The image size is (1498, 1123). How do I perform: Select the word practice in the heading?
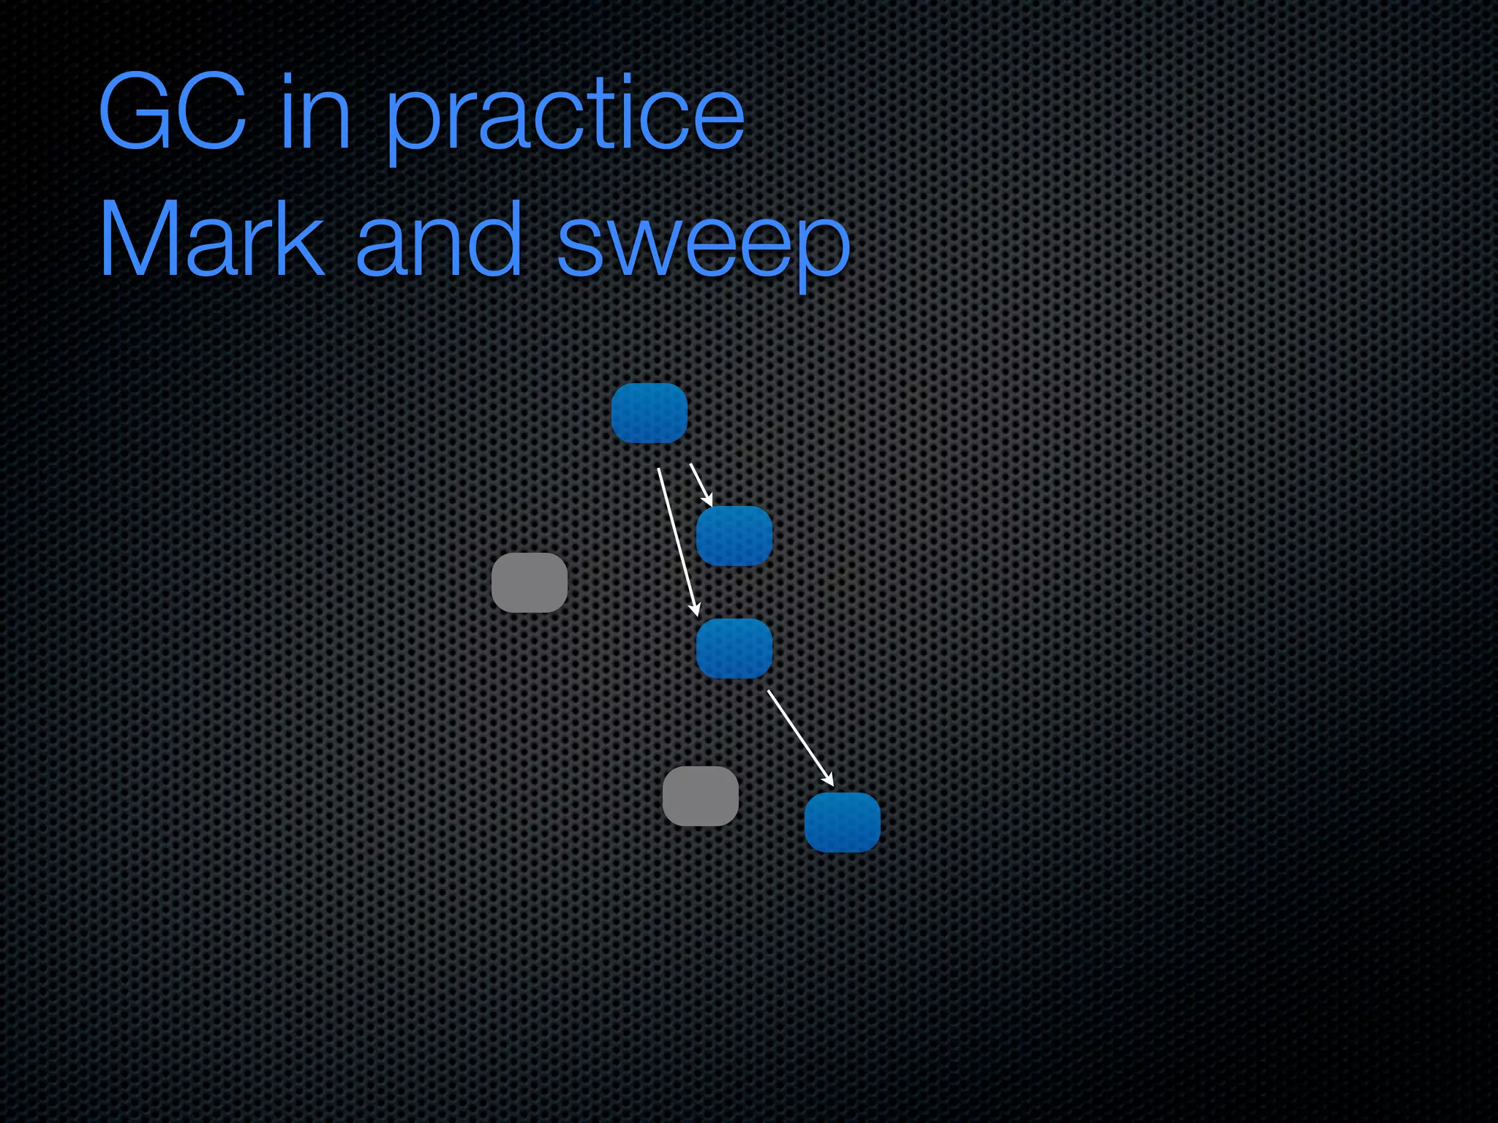tap(565, 117)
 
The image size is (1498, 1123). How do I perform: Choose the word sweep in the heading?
tap(704, 245)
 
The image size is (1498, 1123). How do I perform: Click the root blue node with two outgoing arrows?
tap(650, 413)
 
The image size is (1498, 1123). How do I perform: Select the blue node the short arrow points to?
tap(734, 536)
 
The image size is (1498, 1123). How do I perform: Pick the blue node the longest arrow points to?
tap(734, 649)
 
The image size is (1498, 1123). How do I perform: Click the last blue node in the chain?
tap(843, 823)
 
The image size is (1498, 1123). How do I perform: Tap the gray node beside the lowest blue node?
tap(701, 796)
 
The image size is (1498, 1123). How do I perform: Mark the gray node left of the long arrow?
tap(530, 583)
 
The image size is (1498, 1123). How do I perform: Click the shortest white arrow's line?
tap(699, 480)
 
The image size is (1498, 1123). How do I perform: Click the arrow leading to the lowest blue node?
tap(799, 735)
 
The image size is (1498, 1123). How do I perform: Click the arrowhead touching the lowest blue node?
tap(829, 780)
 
